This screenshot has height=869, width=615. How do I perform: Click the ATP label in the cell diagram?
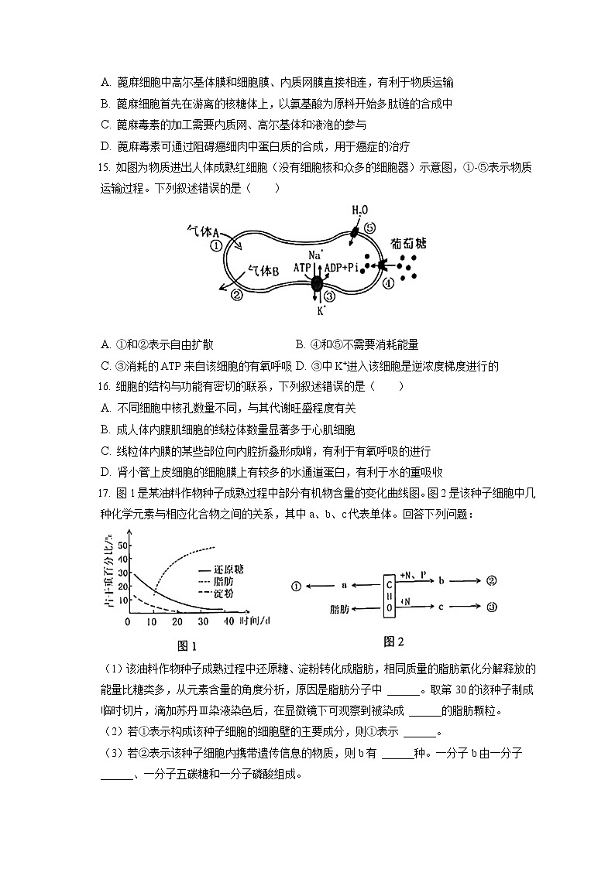(302, 267)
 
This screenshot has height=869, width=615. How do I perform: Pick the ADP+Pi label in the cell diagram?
(342, 267)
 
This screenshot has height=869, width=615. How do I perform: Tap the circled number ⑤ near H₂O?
(370, 228)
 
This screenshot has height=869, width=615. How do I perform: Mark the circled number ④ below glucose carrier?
(389, 282)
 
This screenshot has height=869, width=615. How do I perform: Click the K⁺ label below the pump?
(320, 311)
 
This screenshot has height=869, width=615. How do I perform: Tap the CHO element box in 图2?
(390, 594)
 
